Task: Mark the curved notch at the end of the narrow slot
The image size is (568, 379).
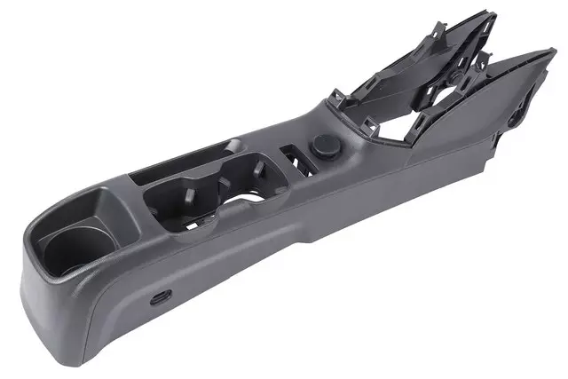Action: [x=233, y=145]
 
